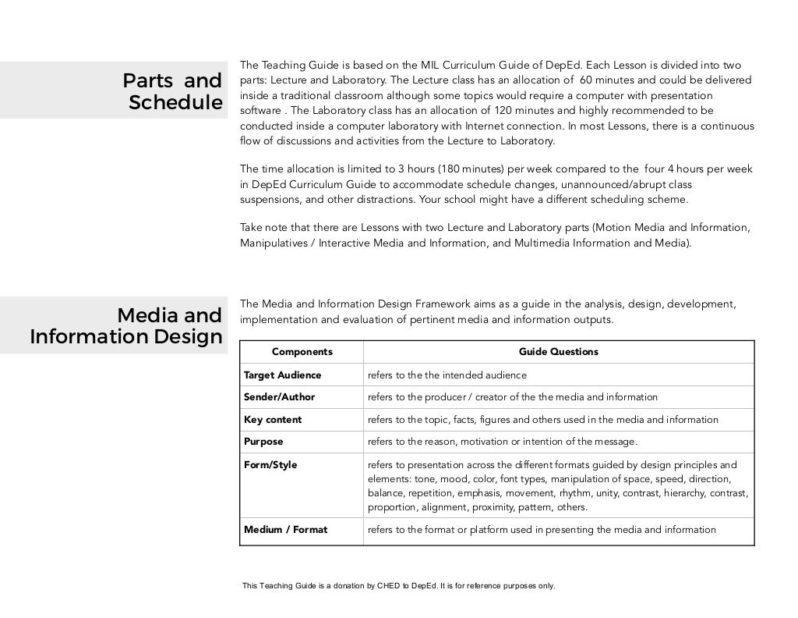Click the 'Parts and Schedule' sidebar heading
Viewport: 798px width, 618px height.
(171, 91)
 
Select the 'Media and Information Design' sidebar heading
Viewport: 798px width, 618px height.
(126, 327)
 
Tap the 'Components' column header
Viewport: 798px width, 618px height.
(302, 352)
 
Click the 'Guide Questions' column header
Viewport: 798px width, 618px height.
(558, 352)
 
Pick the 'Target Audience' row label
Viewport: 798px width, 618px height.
(282, 375)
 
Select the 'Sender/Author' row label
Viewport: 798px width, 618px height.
(279, 397)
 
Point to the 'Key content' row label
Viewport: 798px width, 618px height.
(272, 420)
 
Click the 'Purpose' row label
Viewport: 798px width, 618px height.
(263, 442)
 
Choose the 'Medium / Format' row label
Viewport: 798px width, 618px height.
(285, 530)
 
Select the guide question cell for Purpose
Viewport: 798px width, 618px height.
(502, 442)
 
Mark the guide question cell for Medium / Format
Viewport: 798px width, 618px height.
(541, 530)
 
